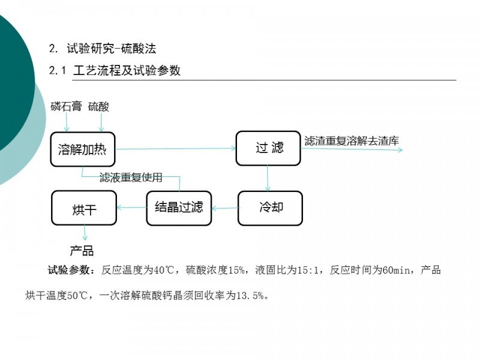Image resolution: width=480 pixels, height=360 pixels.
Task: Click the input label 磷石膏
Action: pos(66,107)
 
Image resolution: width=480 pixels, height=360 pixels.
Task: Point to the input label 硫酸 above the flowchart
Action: pos(98,107)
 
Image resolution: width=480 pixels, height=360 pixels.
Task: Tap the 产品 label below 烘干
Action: pos(82,251)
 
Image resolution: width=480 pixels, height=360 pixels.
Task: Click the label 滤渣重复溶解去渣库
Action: pos(352,141)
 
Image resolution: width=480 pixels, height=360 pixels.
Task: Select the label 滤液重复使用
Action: pos(131,177)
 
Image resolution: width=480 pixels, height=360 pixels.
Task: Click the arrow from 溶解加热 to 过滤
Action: pos(175,149)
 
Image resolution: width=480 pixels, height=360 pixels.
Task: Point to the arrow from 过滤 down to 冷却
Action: pos(268,178)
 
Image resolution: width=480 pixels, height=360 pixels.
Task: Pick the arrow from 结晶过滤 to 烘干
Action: pos(131,208)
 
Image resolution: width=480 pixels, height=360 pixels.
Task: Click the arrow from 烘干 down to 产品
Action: pos(85,233)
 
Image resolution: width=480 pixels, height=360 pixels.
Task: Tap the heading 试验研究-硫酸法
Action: pos(112,49)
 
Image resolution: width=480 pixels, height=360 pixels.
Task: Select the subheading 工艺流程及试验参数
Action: pos(127,71)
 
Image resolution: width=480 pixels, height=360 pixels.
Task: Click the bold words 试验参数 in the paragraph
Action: pos(68,270)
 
